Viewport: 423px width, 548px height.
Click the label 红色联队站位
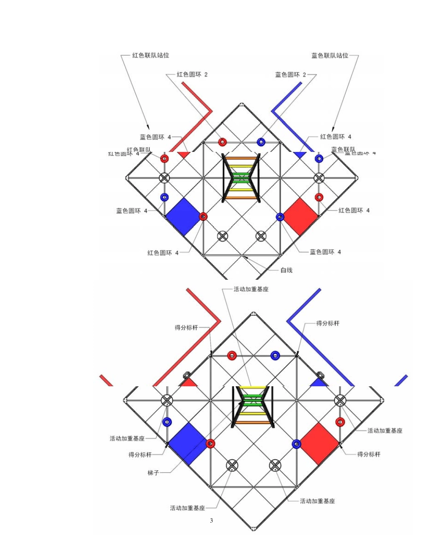coord(150,56)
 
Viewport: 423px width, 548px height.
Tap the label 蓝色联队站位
coord(329,56)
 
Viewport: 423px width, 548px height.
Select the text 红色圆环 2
coord(192,74)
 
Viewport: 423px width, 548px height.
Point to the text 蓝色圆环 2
coord(291,74)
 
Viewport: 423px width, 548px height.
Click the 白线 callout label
coord(286,270)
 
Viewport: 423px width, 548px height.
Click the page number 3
coord(211,520)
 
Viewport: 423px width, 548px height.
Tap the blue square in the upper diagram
coord(183,216)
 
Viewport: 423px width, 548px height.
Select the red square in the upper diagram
coord(301,216)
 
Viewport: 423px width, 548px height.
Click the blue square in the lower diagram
coord(187,444)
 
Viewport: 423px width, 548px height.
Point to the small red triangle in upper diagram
coord(183,155)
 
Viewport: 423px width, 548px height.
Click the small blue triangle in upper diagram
coord(300,155)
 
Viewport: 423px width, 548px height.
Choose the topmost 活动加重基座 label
coord(251,289)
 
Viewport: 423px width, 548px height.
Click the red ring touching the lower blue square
coord(211,444)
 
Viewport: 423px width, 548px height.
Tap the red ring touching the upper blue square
coord(203,217)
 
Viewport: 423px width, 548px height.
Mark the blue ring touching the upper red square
coord(280,217)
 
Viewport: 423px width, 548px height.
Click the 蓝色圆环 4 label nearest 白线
coord(325,252)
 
